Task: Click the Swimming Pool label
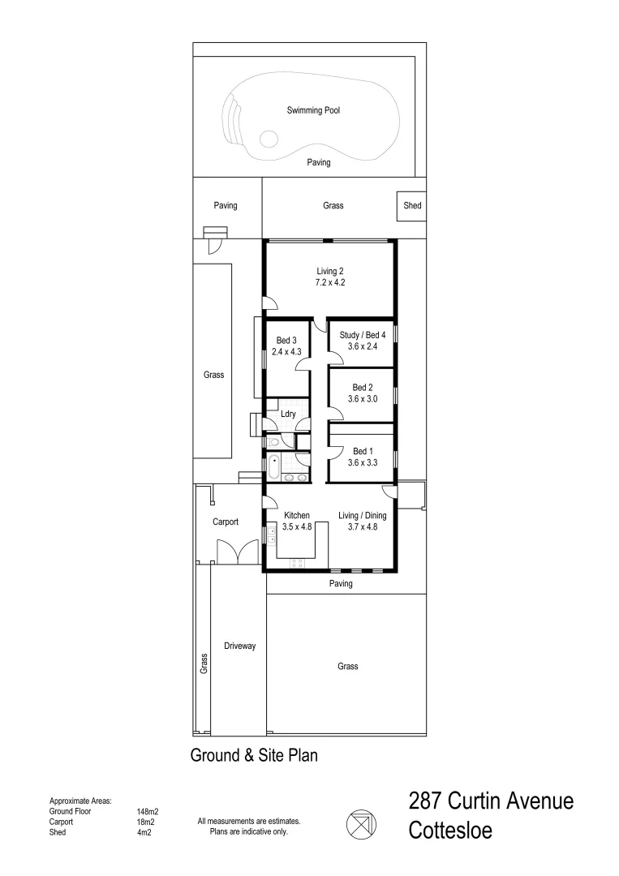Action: tap(313, 109)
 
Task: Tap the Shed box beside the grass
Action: tap(412, 206)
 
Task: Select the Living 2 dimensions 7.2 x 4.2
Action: tap(332, 283)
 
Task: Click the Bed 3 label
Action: tap(286, 341)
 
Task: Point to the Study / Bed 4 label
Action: tap(362, 334)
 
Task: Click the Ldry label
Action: tap(288, 414)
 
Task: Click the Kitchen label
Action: tap(297, 515)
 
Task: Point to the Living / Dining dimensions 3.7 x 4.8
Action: tap(363, 526)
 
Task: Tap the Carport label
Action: tap(226, 522)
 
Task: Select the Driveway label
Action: tap(240, 646)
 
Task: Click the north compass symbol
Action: tap(361, 826)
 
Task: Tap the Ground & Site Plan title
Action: tap(253, 756)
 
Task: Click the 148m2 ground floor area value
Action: tap(148, 811)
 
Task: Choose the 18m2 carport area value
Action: tap(147, 822)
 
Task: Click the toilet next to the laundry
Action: tap(274, 442)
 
